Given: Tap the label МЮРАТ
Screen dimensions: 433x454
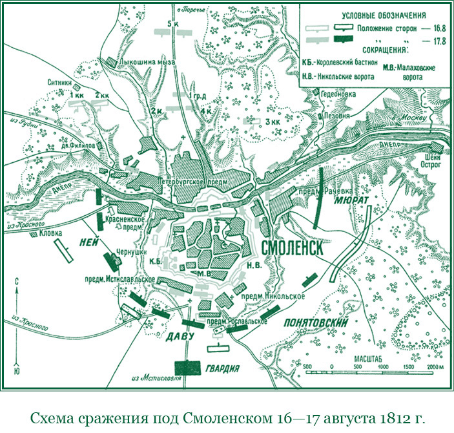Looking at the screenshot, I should [x=351, y=201].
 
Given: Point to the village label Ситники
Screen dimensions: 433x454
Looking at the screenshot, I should [x=60, y=82].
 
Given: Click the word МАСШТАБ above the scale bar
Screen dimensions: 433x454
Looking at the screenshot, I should [x=367, y=357].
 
